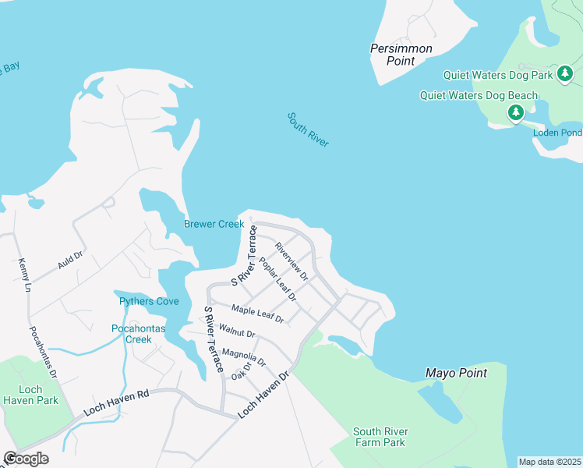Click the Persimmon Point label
coord(401,54)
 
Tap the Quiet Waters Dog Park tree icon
coord(565,75)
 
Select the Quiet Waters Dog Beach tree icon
coord(515,113)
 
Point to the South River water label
coord(308,129)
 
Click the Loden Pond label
coord(556,133)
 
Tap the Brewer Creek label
coord(214,225)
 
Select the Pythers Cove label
coord(148,302)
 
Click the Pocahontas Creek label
coord(139,334)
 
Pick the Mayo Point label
coord(456,374)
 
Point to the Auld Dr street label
coord(70,261)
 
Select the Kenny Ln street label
coord(24,275)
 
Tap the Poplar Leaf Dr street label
coord(277,278)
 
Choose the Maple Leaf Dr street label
coord(257,314)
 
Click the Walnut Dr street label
coord(237,333)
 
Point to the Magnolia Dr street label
coord(244,358)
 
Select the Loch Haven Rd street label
coord(115,406)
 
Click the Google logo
coord(26,459)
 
